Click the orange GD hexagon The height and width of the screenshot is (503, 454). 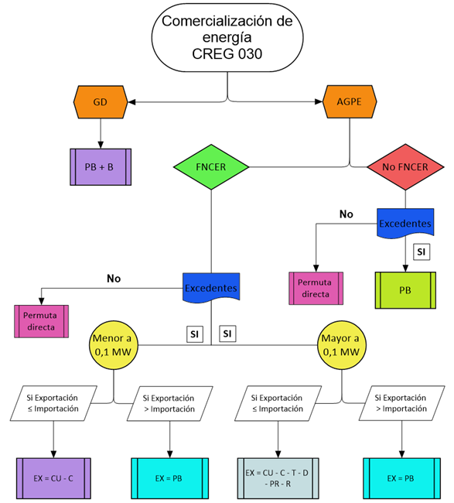(x=101, y=102)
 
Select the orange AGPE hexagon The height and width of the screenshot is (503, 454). (x=350, y=101)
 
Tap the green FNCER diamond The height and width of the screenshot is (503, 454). (x=211, y=167)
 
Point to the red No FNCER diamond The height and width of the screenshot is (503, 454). (x=405, y=167)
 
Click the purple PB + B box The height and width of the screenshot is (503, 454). (x=101, y=167)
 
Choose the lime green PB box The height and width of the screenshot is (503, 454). (x=405, y=290)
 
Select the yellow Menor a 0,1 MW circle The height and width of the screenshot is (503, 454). (x=114, y=345)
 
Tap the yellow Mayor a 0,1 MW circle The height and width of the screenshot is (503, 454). (x=341, y=345)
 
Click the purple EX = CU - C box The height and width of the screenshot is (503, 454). (x=53, y=478)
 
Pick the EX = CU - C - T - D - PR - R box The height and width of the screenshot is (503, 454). (x=278, y=478)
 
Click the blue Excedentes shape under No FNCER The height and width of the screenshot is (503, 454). (x=405, y=224)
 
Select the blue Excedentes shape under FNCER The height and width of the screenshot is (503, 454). (x=211, y=288)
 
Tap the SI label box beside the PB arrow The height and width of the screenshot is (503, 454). (x=422, y=251)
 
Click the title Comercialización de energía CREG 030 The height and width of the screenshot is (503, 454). (x=227, y=38)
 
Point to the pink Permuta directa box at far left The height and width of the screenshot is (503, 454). (x=41, y=321)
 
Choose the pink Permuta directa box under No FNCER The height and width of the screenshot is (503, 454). (x=316, y=289)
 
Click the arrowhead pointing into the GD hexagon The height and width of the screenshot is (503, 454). (x=131, y=102)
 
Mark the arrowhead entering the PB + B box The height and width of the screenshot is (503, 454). (x=101, y=145)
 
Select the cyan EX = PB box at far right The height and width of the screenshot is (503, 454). (x=401, y=478)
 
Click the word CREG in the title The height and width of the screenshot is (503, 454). (x=213, y=54)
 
